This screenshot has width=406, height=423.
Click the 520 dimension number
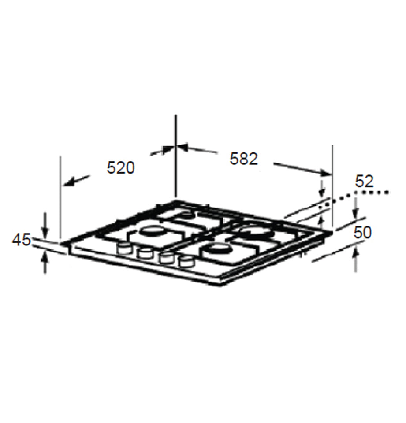click(120, 167)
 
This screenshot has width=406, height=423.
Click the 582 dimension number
click(243, 159)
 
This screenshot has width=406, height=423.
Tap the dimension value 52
click(364, 181)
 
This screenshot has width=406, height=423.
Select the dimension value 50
click(363, 232)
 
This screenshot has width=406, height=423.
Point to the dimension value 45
click(21, 240)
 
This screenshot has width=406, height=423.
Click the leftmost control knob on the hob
click(124, 248)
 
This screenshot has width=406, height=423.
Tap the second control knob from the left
click(144, 252)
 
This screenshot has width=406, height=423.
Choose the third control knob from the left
click(166, 258)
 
